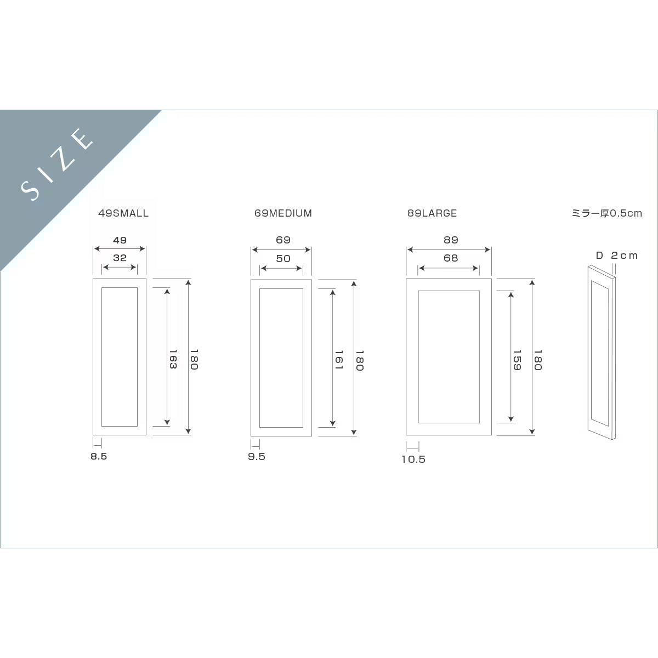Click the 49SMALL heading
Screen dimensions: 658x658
[x=123, y=213]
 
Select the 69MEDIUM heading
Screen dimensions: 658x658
[x=283, y=213]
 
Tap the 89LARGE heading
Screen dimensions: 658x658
[x=432, y=213]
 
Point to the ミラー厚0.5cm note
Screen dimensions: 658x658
[x=607, y=213]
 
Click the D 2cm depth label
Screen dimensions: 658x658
[x=617, y=256]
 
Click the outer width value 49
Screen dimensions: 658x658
[x=120, y=240]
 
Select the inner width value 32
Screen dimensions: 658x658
[x=120, y=258]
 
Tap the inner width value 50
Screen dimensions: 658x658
[x=283, y=258]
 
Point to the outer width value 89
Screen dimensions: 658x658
[x=451, y=240]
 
